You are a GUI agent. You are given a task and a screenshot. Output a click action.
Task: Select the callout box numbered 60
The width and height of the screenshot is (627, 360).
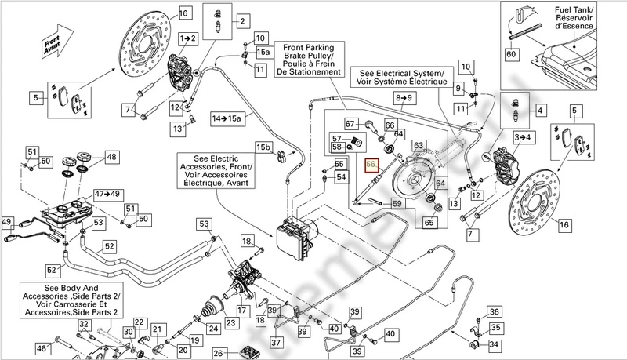(x=511, y=55)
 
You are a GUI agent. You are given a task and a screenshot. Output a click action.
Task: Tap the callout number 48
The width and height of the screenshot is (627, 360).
(x=111, y=157)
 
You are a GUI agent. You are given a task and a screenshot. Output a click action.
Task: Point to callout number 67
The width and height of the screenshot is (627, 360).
(x=350, y=122)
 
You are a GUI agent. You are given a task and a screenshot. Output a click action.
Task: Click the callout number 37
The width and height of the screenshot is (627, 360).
(x=275, y=342)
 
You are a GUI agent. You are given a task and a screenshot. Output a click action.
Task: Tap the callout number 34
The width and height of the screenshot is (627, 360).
(x=492, y=344)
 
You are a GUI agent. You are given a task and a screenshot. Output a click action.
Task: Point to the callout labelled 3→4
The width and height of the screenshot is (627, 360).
(x=521, y=137)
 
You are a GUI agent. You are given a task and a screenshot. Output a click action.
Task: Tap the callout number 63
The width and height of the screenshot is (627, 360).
(x=419, y=145)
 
